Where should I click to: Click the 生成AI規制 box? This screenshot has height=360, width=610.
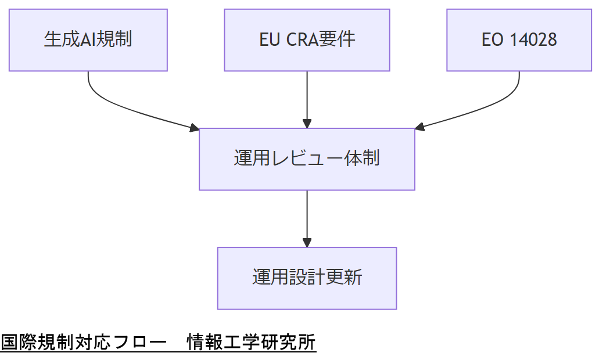[88, 40]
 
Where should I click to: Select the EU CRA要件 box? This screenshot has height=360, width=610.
[307, 40]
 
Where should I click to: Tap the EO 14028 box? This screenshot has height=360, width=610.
[519, 40]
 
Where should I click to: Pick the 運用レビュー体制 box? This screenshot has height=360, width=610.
[307, 159]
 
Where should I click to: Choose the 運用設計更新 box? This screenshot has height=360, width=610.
[307, 278]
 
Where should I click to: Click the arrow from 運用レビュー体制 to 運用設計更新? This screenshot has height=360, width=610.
[307, 215]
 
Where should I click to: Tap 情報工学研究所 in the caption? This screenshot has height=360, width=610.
[251, 343]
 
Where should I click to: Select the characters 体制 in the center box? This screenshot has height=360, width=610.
[363, 159]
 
